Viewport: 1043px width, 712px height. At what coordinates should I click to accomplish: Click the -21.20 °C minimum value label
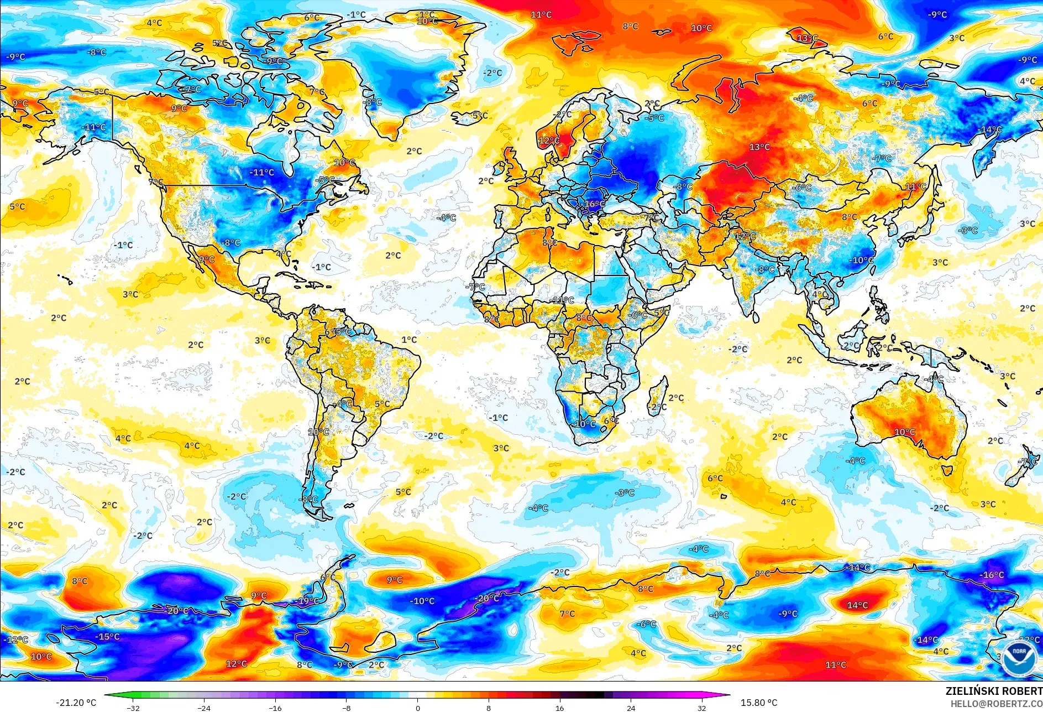tap(76, 703)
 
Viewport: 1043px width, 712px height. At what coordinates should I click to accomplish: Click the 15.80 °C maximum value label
tap(758, 703)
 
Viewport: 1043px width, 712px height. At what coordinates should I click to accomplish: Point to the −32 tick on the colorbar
tap(133, 708)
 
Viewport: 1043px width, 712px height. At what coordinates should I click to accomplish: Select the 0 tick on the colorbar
tap(417, 708)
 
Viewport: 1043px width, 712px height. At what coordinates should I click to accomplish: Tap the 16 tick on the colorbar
tap(559, 708)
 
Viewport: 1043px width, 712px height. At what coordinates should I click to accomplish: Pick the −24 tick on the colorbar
tap(204, 708)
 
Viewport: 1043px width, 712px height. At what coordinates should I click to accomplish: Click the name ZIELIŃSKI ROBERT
tap(993, 691)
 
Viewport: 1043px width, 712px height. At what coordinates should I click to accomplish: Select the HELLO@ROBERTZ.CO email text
tap(996, 704)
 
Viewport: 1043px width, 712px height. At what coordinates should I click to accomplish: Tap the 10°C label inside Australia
tap(904, 432)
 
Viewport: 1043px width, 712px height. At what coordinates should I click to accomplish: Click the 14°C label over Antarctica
tap(857, 605)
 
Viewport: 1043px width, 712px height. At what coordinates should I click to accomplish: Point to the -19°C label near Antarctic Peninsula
tap(308, 601)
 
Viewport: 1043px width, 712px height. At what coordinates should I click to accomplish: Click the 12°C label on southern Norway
tap(548, 141)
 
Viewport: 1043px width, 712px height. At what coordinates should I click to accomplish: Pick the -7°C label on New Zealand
tap(1028, 461)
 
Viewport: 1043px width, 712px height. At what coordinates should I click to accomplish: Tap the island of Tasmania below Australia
tap(946, 470)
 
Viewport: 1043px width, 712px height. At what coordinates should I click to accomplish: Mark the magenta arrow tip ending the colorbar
tap(728, 695)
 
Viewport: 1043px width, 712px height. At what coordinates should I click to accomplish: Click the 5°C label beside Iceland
tap(480, 116)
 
